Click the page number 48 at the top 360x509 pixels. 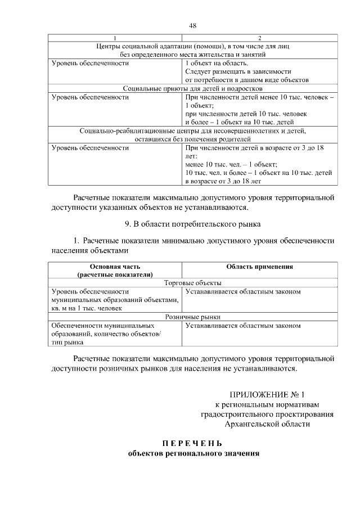[x=193, y=25]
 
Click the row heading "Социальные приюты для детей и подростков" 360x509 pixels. [x=193, y=88]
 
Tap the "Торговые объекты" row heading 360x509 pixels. [x=193, y=283]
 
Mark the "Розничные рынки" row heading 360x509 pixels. [x=193, y=317]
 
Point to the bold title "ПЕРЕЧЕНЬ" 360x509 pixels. [x=193, y=442]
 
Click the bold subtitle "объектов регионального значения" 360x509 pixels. [x=193, y=453]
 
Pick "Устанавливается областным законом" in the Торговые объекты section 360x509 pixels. [x=243, y=292]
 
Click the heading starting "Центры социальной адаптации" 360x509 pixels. [x=193, y=46]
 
